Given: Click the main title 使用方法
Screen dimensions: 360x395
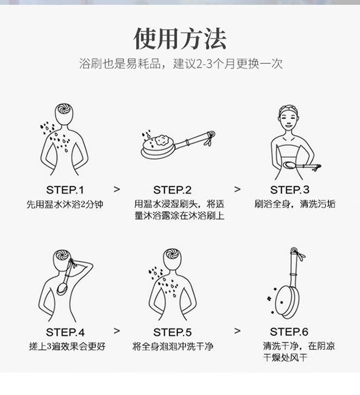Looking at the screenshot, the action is point(180,38).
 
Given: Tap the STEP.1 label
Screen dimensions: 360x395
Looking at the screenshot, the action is point(65,190).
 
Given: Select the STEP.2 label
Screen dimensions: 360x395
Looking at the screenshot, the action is point(172,190).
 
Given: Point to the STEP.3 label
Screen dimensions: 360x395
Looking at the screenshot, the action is point(289,190).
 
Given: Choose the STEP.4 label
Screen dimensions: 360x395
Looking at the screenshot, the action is point(65,332).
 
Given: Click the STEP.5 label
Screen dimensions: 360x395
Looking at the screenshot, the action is point(172,332).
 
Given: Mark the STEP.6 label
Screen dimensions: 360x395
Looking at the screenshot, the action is point(289,332).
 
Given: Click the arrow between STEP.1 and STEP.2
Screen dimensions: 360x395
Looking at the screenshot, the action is point(117,189).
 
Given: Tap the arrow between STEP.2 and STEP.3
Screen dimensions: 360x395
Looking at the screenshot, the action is point(237,189).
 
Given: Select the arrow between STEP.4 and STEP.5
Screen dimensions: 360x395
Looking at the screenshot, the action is point(117,331).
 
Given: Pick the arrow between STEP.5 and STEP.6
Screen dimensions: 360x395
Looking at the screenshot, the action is point(237,331).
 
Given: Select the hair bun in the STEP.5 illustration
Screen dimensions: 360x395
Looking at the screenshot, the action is point(171,255).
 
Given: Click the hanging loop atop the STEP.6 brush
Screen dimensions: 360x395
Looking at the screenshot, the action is point(293,251).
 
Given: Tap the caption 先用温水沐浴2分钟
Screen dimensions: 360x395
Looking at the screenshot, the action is point(65,204).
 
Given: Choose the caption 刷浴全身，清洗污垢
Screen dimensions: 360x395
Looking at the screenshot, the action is point(295,204).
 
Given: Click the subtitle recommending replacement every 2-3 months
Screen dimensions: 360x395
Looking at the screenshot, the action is point(181,63).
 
